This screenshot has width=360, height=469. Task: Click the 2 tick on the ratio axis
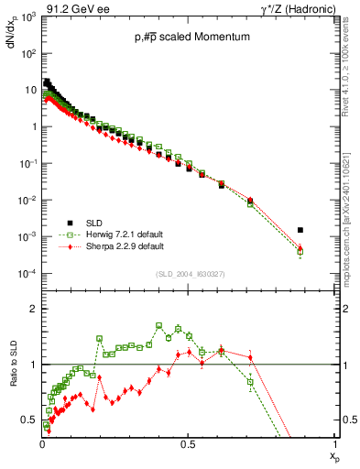(34, 310)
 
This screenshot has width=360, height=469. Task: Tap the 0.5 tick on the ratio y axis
(30, 420)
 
